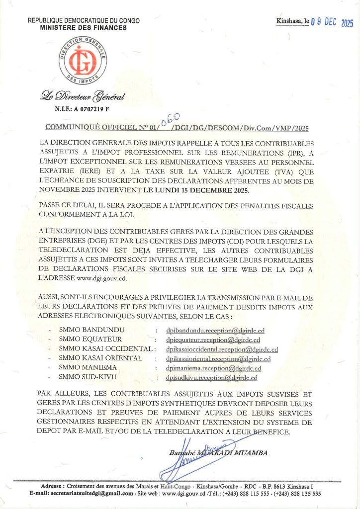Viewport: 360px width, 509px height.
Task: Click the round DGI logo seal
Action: [84, 62]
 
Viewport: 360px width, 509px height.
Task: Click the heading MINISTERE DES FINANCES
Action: [84, 28]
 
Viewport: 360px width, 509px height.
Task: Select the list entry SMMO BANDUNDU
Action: [91, 330]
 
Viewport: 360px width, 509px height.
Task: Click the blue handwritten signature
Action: [191, 458]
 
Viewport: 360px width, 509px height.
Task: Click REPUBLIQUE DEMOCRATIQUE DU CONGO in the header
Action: [84, 21]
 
